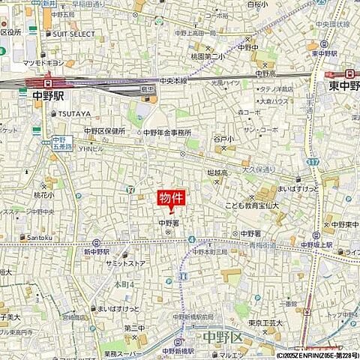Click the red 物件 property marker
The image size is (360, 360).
click(x=171, y=199)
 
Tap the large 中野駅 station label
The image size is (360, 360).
click(x=50, y=96)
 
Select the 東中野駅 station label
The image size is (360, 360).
click(x=341, y=85)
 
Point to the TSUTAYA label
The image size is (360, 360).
click(x=74, y=114)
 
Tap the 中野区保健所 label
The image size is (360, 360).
click(x=104, y=130)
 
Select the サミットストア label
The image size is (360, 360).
click(x=124, y=265)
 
